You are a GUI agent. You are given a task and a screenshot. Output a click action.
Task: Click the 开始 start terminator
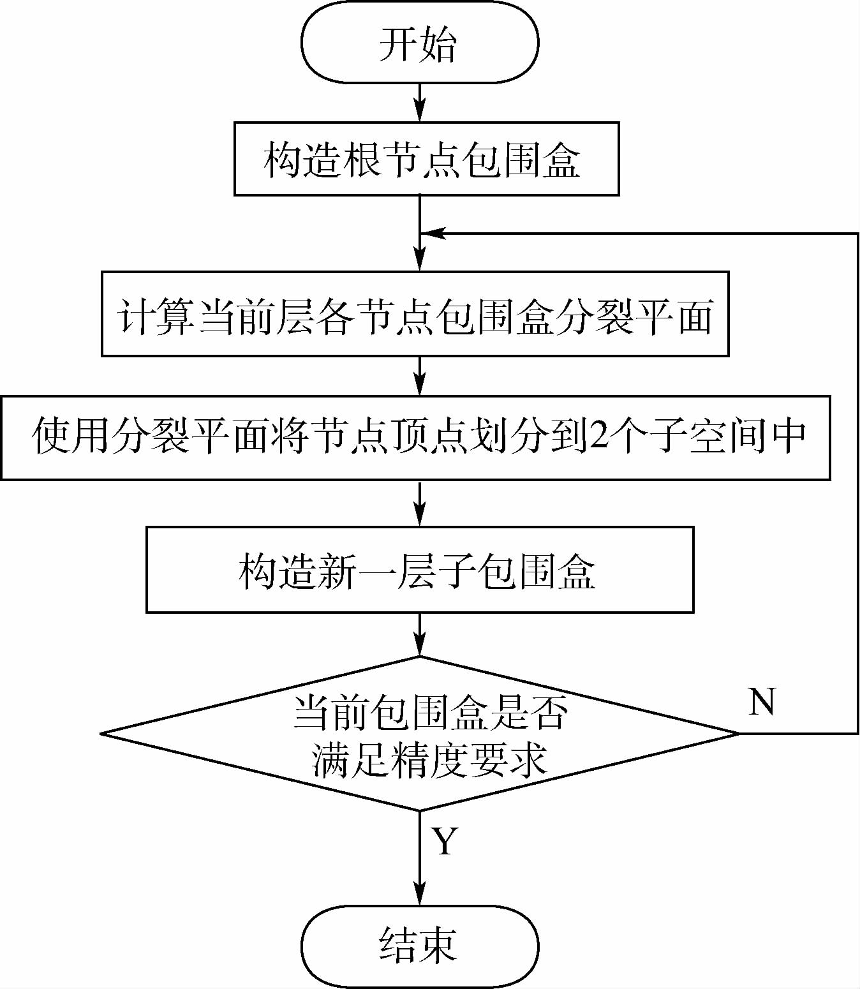coord(419,43)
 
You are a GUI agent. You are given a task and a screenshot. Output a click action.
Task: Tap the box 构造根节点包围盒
coord(426,159)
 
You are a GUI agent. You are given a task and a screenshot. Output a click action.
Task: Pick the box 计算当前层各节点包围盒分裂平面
coord(415,314)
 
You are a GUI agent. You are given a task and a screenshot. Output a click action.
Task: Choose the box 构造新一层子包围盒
coord(419,569)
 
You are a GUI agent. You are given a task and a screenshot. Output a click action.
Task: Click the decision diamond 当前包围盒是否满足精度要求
coord(419,734)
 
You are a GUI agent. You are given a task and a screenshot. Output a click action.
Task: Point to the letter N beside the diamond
coord(762,701)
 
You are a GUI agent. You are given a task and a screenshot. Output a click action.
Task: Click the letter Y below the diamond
coord(445,841)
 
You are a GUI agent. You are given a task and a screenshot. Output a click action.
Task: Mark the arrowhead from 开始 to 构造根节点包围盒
coord(420,114)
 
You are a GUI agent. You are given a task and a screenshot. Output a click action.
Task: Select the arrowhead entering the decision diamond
coord(420,647)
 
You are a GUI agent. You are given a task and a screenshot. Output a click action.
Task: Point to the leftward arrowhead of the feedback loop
coord(434,234)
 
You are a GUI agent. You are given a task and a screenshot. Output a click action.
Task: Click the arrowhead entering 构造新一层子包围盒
coord(420,517)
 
